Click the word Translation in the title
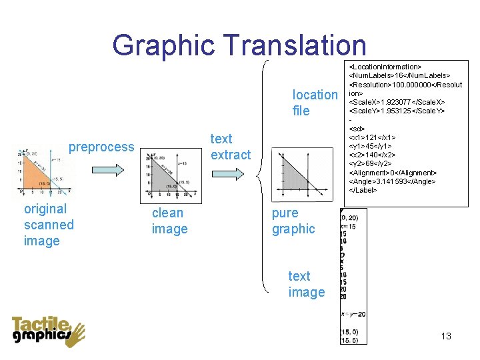click(295, 45)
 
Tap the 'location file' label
click(315, 103)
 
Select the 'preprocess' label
click(101, 147)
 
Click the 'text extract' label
click(231, 147)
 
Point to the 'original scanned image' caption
click(49, 225)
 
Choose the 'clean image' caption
click(169, 221)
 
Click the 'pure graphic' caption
click(293, 221)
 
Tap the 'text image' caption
click(306, 284)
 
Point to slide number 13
click(446, 336)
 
